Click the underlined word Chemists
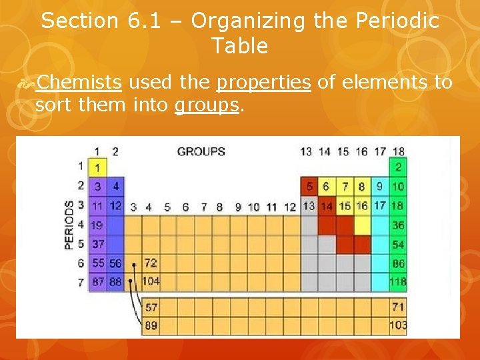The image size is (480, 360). click(x=79, y=83)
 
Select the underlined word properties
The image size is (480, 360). click(x=264, y=83)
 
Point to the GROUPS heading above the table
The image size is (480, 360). click(x=201, y=152)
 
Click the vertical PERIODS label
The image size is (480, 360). click(x=69, y=225)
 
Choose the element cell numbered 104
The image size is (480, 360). click(x=151, y=281)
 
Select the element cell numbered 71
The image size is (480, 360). click(x=398, y=307)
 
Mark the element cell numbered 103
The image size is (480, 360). click(x=398, y=326)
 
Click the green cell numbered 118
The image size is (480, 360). click(x=398, y=282)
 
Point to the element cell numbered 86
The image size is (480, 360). click(x=398, y=263)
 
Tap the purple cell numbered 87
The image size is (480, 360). click(x=98, y=282)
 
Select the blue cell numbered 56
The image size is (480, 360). click(x=115, y=263)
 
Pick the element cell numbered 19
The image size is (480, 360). click(x=97, y=225)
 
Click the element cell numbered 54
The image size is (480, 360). click(x=398, y=245)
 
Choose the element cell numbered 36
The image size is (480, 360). click(x=398, y=225)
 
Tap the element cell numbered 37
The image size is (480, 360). click(x=97, y=245)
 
